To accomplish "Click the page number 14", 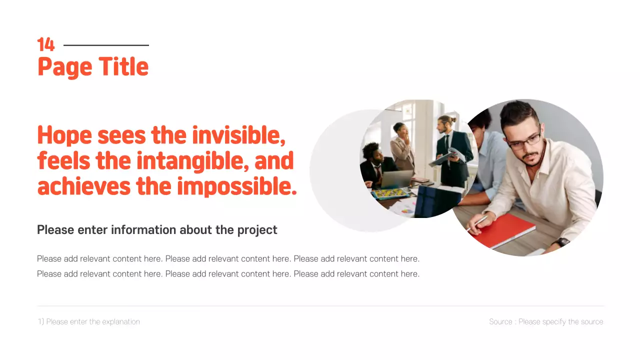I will (45, 45).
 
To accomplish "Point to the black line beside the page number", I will (106, 45).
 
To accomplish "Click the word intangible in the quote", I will (192, 161).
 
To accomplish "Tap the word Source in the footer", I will (500, 321).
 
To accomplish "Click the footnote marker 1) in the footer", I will (41, 321).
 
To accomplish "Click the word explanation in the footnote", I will (120, 321).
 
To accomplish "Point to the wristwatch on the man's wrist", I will (562, 242).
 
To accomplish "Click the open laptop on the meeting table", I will (397, 178).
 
